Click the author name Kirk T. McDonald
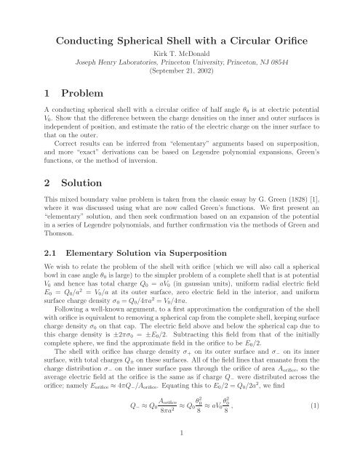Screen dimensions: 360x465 click(x=180, y=54)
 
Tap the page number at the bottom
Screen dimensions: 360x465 click(x=180, y=450)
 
